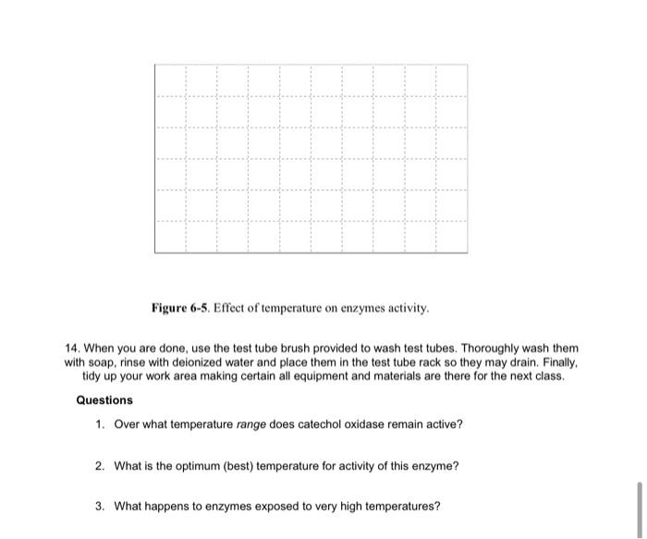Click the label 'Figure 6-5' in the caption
[x=183, y=306]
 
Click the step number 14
[x=73, y=349]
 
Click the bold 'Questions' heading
[x=104, y=400]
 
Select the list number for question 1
[x=100, y=424]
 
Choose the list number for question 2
[x=100, y=466]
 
